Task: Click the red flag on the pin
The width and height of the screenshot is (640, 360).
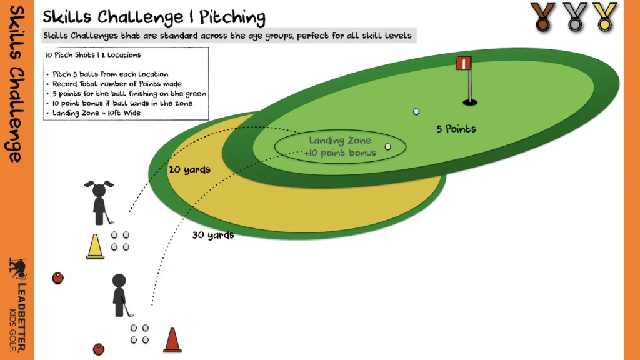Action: [464, 63]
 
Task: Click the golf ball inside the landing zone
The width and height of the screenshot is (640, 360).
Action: [388, 146]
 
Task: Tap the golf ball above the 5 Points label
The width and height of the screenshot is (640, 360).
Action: [416, 111]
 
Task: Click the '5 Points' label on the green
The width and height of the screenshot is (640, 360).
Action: [456, 129]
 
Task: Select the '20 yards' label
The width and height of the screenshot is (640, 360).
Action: [189, 169]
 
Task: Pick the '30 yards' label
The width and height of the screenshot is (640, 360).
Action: [213, 236]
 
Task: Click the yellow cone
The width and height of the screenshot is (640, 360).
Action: [95, 246]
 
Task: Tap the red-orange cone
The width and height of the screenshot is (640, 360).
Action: [172, 341]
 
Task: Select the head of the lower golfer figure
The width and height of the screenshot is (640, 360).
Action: [119, 282]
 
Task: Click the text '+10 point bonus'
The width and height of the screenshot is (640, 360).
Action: [340, 153]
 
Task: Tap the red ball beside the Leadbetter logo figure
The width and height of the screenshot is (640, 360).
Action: [57, 277]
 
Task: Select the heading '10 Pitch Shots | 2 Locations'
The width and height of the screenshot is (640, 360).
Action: [86, 55]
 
